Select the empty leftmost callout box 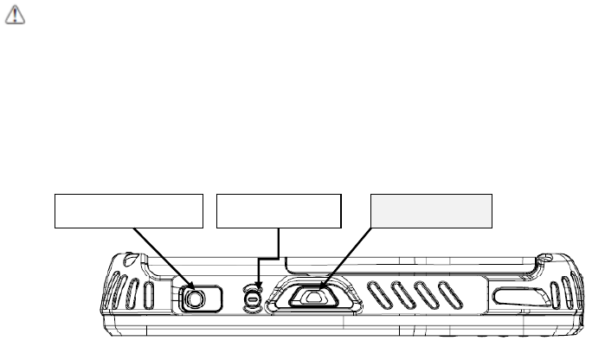pos(129,210)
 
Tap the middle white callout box pos(279,210)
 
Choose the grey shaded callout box pos(431,210)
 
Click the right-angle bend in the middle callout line pos(277,257)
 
